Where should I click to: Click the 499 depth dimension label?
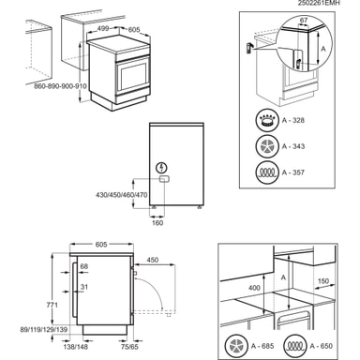click(x=103, y=28)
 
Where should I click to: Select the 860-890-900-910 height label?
click(x=60, y=86)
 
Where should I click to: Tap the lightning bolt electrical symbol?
click(x=162, y=168)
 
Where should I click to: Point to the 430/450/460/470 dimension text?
click(x=122, y=195)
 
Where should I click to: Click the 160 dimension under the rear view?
click(x=157, y=223)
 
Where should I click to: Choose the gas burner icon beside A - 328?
click(x=267, y=120)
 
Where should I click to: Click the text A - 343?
click(x=293, y=146)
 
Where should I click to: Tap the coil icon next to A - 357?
click(x=267, y=172)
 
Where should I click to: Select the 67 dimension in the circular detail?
click(x=304, y=21)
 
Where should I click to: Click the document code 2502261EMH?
click(x=318, y=3)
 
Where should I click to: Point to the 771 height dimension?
click(x=52, y=305)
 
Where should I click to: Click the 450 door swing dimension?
click(x=153, y=260)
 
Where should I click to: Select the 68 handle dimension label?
click(x=84, y=266)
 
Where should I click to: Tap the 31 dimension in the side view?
click(x=84, y=287)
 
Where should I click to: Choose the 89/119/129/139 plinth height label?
click(x=44, y=330)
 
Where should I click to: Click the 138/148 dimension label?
click(x=76, y=347)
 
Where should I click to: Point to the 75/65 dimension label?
click(x=129, y=347)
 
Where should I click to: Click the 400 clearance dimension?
click(x=254, y=288)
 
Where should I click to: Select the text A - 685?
click(x=262, y=346)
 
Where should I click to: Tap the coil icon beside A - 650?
click(x=295, y=346)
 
